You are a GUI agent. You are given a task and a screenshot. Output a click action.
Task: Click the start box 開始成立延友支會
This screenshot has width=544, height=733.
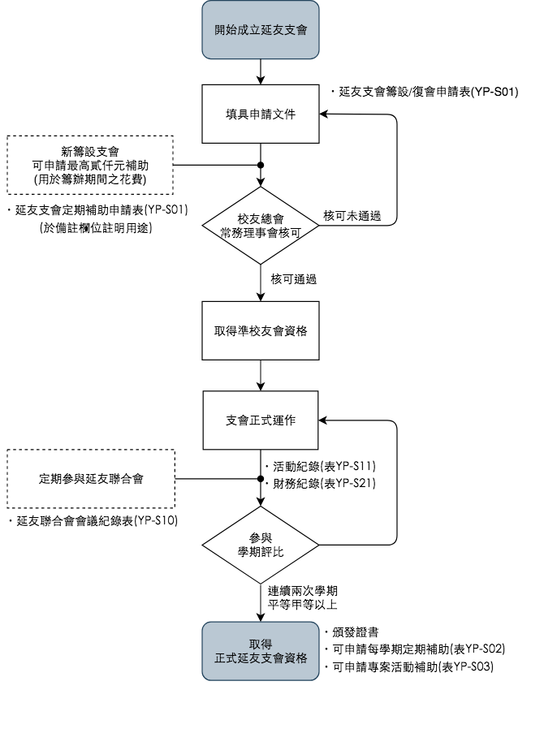[x=261, y=30]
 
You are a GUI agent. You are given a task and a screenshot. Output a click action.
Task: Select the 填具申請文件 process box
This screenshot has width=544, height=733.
[x=261, y=114]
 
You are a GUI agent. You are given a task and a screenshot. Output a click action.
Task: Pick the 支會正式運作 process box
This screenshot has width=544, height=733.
[x=261, y=420]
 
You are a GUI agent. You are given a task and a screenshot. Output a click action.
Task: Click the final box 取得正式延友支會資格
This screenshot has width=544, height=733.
[x=261, y=650]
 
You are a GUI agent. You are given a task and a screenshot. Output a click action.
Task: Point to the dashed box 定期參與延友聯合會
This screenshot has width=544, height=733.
[x=91, y=479]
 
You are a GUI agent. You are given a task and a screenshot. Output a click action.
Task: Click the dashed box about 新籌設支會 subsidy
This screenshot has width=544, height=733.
[x=91, y=165]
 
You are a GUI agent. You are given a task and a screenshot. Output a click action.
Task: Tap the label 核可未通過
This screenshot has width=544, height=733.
[x=352, y=216]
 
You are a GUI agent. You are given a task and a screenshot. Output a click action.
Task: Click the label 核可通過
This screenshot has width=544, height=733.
[x=293, y=279]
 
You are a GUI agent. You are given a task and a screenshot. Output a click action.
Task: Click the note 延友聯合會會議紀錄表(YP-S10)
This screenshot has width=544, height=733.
[x=95, y=520]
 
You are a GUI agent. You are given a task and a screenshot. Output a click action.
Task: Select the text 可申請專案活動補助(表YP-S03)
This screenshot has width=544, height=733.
[x=413, y=666]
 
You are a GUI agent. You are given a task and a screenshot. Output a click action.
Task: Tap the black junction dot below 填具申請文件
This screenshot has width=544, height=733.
[x=261, y=165]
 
